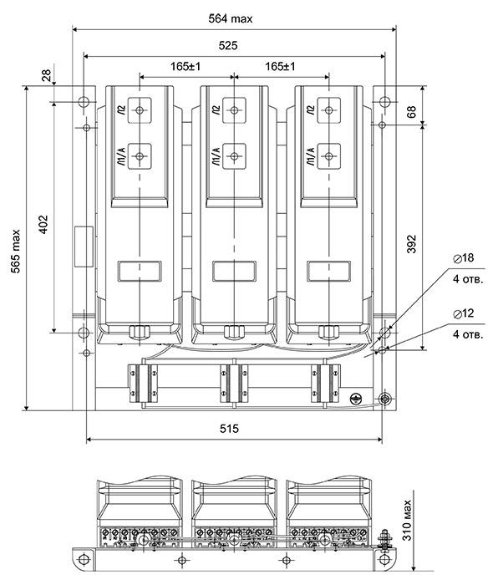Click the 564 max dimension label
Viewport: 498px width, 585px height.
click(x=230, y=18)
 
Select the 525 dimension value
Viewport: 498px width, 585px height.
click(x=228, y=45)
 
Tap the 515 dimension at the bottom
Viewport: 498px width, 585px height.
click(x=229, y=429)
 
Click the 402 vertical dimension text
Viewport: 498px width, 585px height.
click(x=43, y=224)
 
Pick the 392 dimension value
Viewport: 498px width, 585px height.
click(x=411, y=244)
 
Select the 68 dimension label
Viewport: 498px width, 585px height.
click(x=411, y=111)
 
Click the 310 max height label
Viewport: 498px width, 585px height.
click(x=407, y=520)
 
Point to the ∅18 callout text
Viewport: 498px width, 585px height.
click(x=463, y=257)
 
